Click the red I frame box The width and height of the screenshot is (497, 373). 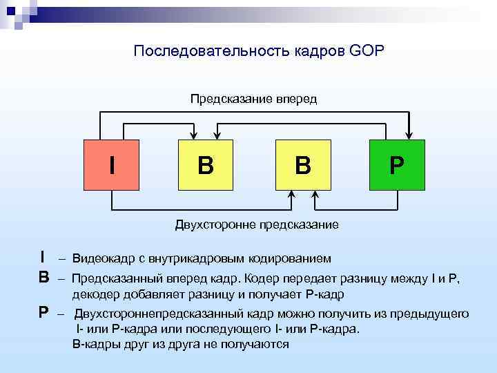pos(112,165)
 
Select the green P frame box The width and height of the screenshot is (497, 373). pos(397,165)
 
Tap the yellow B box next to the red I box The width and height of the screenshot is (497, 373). pos(206,165)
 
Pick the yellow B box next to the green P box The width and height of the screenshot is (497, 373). pos(302,165)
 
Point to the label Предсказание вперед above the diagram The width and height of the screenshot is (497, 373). pos(253,99)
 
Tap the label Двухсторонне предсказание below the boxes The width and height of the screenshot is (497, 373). pos(256,224)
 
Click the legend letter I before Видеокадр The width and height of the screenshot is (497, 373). pos(43,258)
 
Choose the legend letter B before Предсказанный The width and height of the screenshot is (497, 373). pos(43,278)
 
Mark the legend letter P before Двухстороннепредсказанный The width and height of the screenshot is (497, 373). pos(43,312)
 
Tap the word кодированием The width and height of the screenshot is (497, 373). pos(295,258)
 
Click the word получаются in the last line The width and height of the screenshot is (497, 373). pos(257,343)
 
